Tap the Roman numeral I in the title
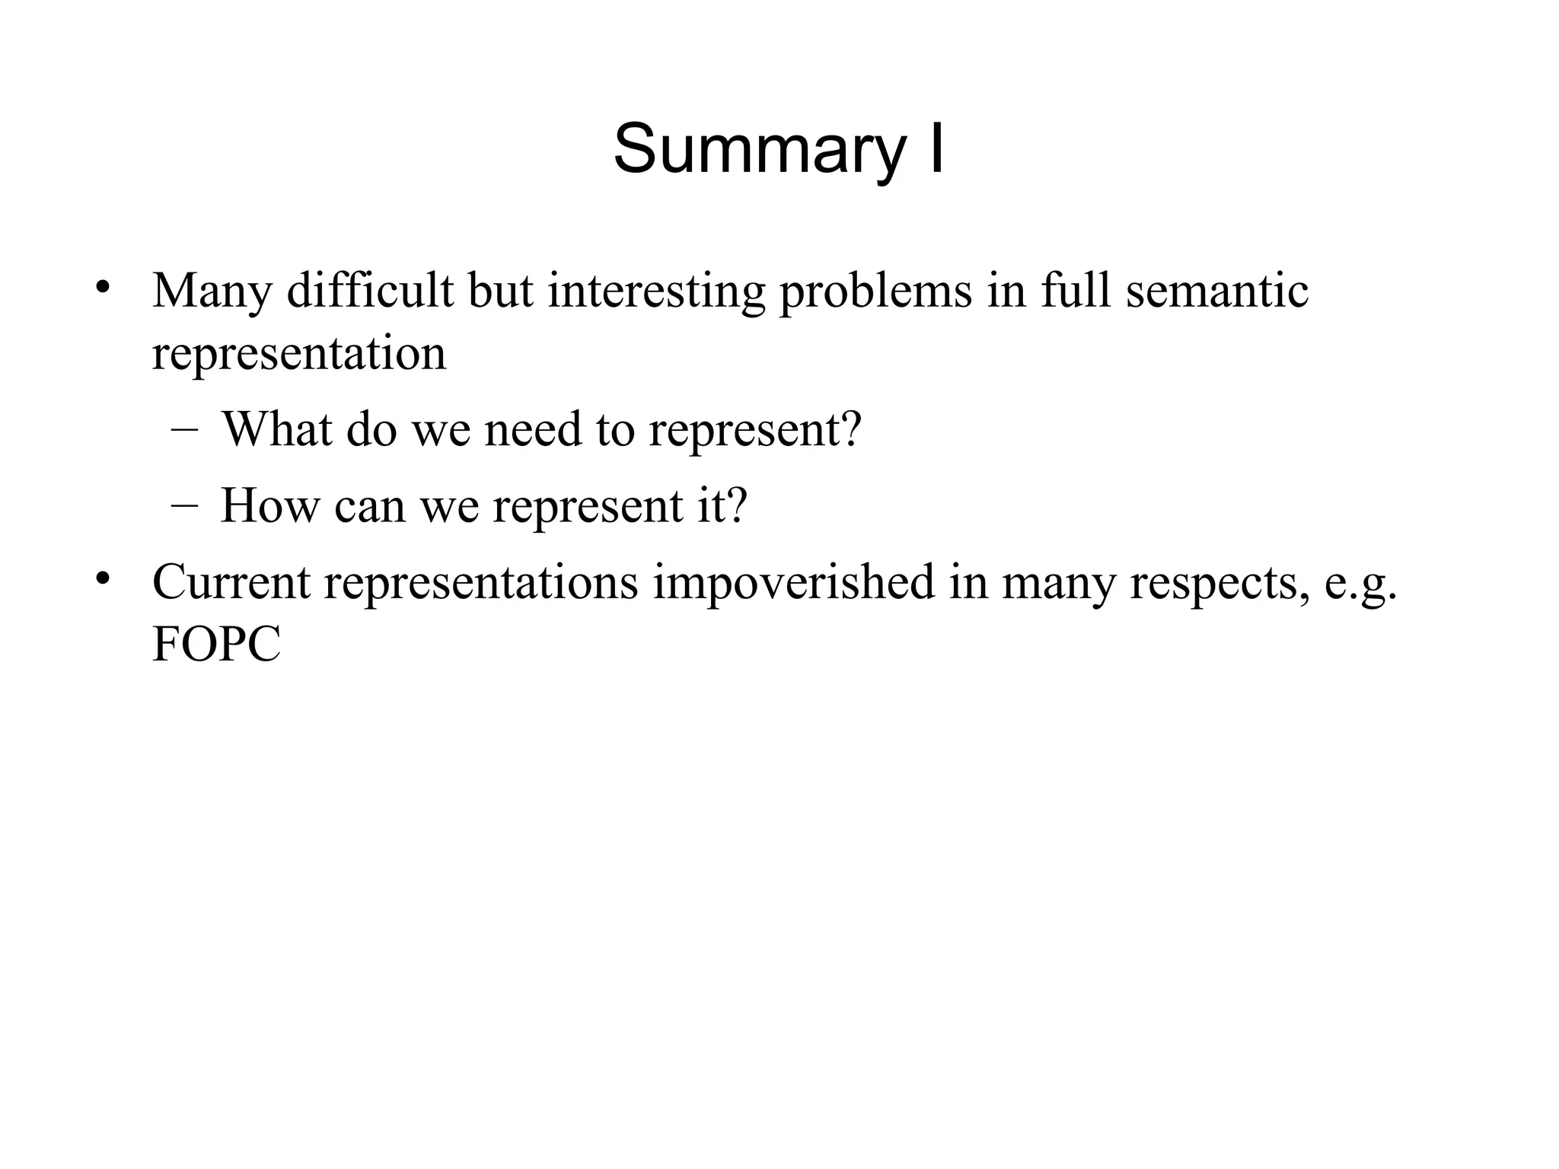click(936, 148)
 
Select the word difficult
click(370, 291)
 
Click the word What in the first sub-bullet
click(277, 429)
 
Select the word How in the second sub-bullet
click(269, 505)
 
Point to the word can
click(369, 507)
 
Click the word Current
click(231, 582)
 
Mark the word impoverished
click(793, 584)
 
